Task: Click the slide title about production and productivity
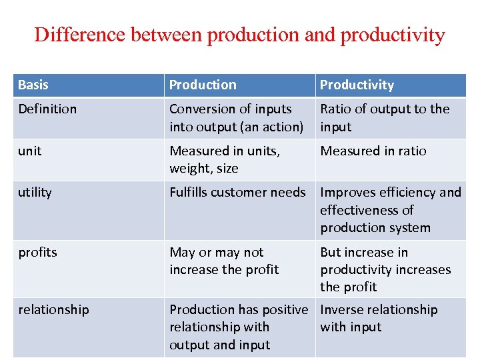tap(239, 35)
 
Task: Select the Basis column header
tap(33, 85)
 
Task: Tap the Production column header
tap(203, 85)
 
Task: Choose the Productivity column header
tap(357, 85)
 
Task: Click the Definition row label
tap(47, 109)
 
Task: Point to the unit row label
tap(30, 151)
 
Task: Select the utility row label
tap(35, 193)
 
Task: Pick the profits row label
tap(37, 252)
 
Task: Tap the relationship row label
tap(53, 309)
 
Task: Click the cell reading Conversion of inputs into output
tap(236, 118)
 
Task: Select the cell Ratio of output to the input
tap(385, 118)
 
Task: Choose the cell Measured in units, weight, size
tap(225, 160)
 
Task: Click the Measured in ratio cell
tap(373, 151)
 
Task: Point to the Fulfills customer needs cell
tap(237, 193)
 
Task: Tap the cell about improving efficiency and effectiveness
tap(390, 210)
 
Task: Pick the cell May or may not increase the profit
tap(224, 261)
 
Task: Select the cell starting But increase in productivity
tap(385, 269)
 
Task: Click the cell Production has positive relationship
tap(239, 327)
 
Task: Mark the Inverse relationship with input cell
tap(379, 318)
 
